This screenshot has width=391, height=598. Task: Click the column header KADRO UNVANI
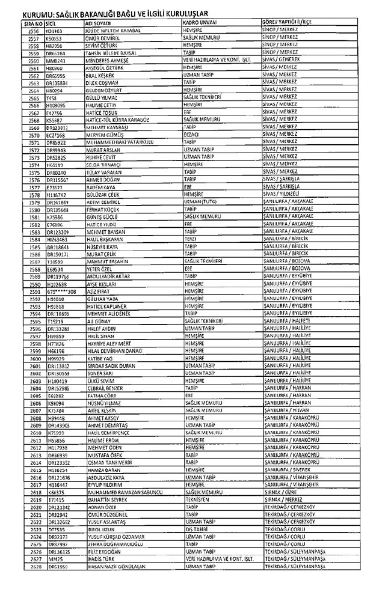(201, 23)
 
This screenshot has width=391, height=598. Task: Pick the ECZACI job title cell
(191, 135)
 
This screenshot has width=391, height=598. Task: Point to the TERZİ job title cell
(190, 239)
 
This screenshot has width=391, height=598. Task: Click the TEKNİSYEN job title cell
(195, 499)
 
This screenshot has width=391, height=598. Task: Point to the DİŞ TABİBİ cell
(195, 528)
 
